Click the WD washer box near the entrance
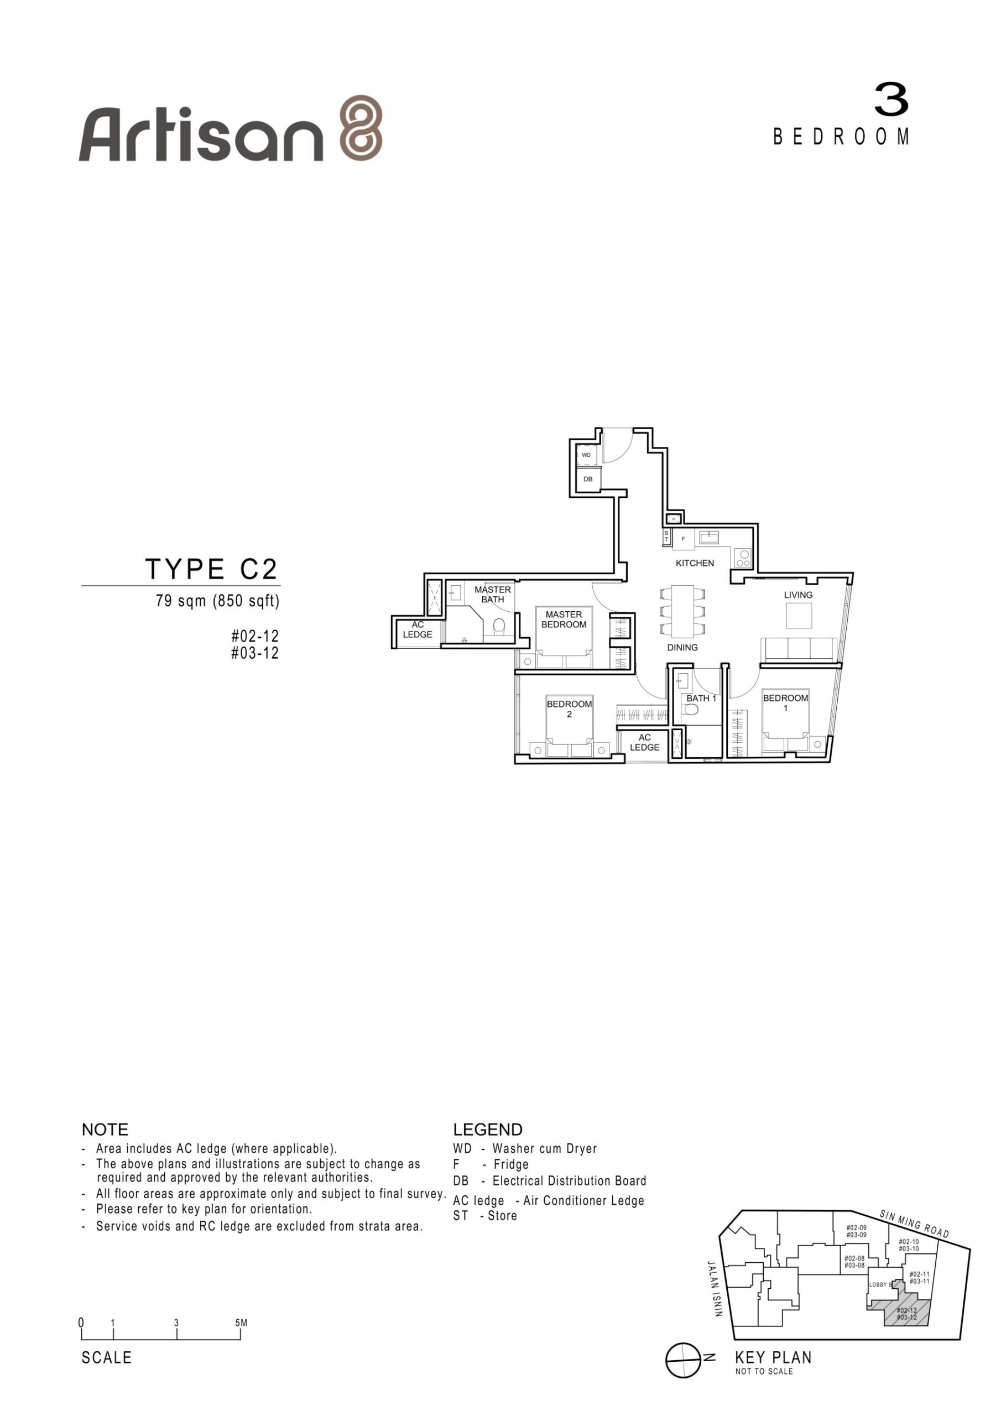(587, 455)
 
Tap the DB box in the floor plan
(588, 479)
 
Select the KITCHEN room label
(695, 563)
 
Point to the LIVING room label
(798, 595)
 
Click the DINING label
(682, 648)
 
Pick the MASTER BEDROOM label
(564, 619)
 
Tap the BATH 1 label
(701, 698)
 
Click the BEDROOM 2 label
(569, 709)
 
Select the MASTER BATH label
(493, 595)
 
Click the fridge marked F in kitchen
(684, 539)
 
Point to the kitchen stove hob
(743, 558)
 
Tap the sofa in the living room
(799, 649)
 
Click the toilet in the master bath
(499, 626)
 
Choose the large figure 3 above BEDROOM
(891, 100)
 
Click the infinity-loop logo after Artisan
(362, 128)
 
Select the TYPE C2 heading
(212, 569)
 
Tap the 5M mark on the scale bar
(241, 1323)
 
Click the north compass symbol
(684, 1360)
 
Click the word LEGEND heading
(488, 1129)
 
